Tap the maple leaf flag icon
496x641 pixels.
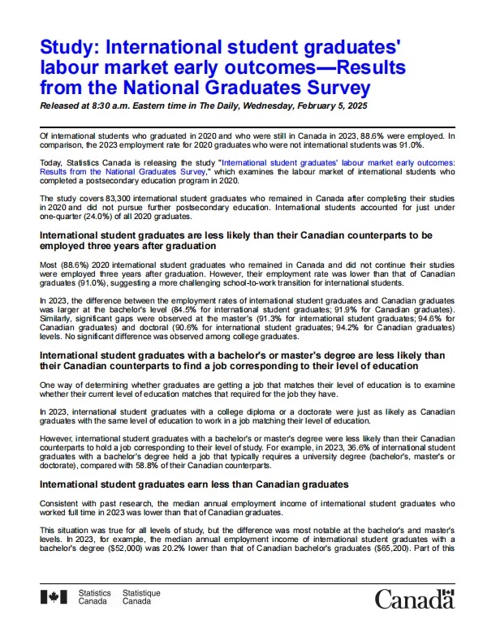[54, 598]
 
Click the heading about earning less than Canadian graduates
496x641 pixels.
[194, 484]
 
